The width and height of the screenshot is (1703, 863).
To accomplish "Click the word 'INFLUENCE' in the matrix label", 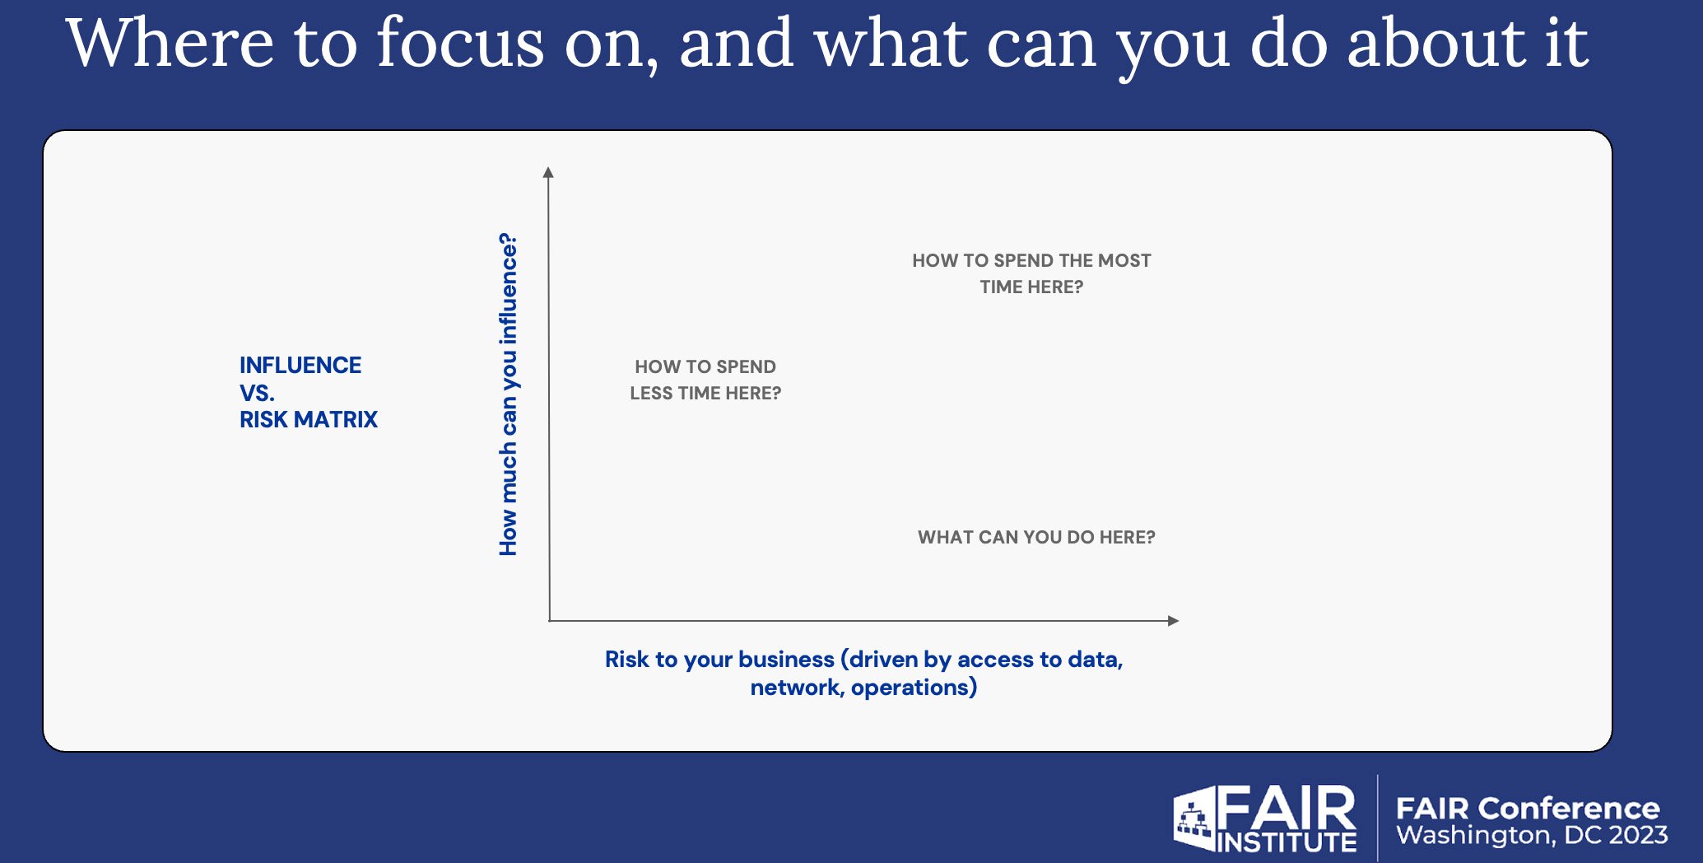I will tap(300, 365).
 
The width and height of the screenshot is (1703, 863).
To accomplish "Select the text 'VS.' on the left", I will tap(257, 393).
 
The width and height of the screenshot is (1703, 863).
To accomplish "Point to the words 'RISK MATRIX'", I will tap(309, 420).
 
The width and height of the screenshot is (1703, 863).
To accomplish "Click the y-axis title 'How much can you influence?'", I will tap(509, 394).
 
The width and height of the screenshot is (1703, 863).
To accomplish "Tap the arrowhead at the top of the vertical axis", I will tap(548, 171).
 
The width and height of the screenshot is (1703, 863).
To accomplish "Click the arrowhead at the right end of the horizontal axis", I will tap(1174, 621).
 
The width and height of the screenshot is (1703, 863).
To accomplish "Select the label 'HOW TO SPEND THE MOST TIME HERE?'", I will tap(1031, 273).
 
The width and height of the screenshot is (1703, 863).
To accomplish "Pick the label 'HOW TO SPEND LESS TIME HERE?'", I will tap(705, 380).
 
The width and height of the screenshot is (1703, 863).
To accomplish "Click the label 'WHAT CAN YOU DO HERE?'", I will tap(1036, 537).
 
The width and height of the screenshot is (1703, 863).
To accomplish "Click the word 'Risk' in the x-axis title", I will tap(626, 660).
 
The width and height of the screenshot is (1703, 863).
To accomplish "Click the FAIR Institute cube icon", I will tap(1193, 818).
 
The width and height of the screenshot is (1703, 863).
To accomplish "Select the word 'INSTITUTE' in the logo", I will tap(1287, 842).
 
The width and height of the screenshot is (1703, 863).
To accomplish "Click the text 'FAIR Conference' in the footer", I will tap(1528, 808).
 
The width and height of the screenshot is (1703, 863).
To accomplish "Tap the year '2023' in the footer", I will tap(1637, 835).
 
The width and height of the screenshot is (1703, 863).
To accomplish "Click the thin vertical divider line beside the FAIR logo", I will tap(1378, 817).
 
